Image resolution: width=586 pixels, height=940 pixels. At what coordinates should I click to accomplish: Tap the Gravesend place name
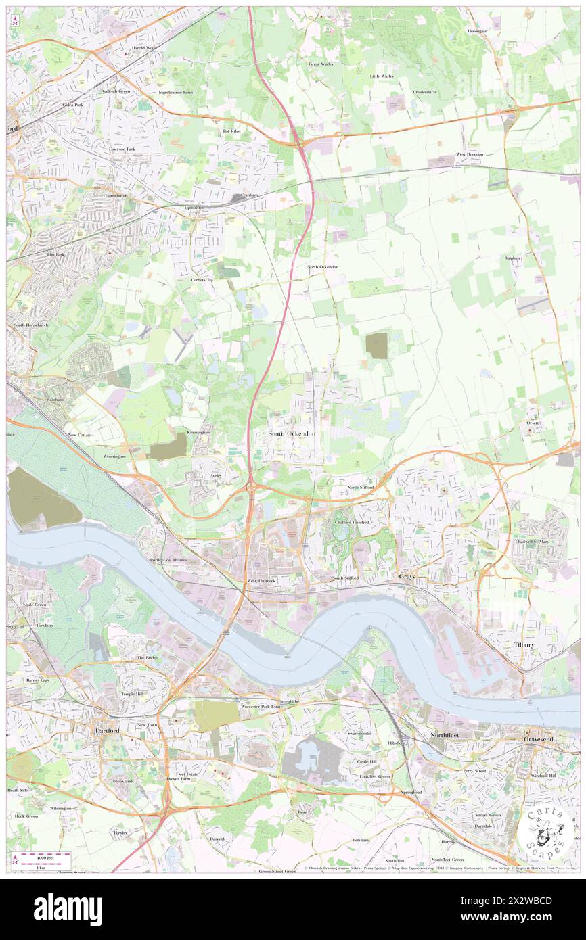538,739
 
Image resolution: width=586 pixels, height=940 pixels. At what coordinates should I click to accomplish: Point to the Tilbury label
524,646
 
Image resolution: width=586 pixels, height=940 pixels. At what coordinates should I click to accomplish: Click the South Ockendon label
292,433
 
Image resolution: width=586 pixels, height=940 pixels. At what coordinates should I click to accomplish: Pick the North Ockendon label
322,267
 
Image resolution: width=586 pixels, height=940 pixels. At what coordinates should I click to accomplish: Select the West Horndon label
470,154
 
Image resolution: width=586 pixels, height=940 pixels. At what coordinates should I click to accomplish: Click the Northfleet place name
445,734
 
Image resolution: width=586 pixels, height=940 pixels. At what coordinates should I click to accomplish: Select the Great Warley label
322,64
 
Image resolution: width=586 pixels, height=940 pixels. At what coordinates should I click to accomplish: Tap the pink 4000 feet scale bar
45,856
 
